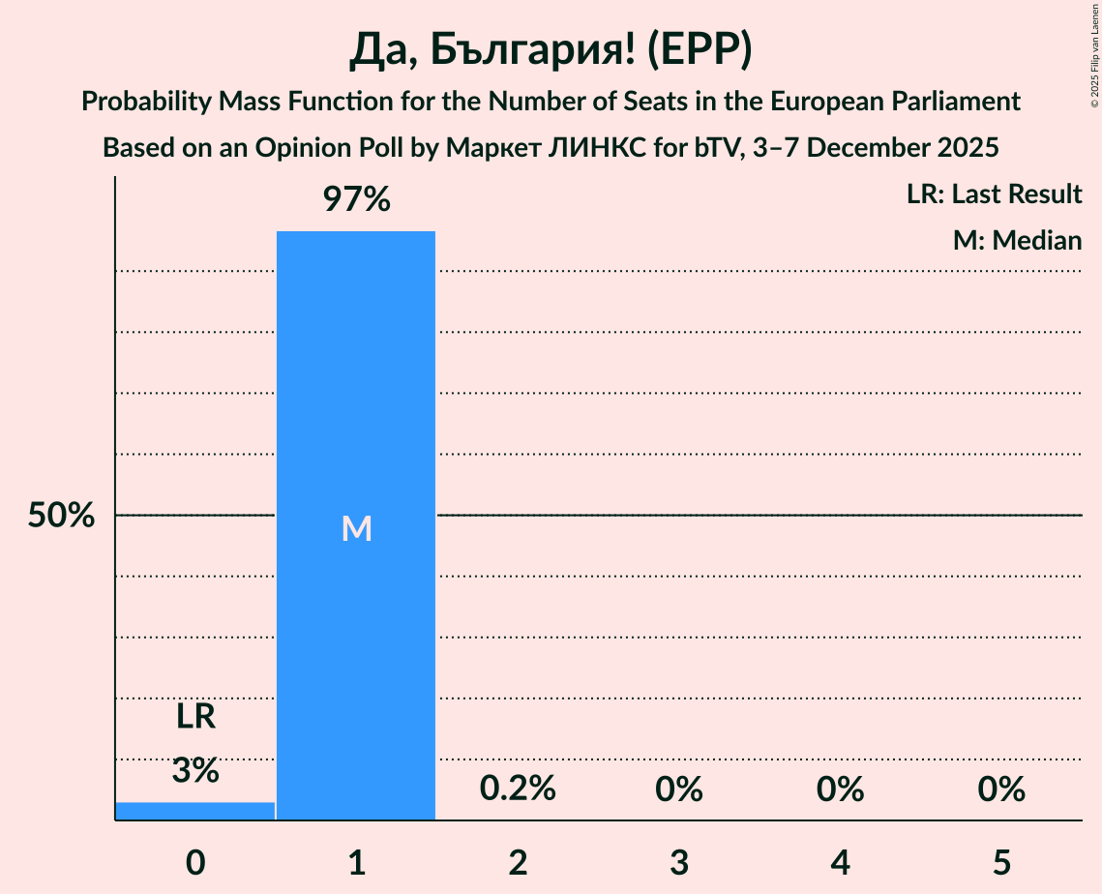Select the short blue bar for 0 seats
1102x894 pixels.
pos(195,811)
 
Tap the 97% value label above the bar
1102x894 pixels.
pos(356,200)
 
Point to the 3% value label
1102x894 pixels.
pos(195,771)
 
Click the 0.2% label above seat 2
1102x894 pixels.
pos(518,790)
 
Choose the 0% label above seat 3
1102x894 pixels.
pos(678,790)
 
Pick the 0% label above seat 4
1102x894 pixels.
pos(840,790)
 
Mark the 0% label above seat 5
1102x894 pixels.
pos(1000,790)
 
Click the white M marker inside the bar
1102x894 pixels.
pos(356,528)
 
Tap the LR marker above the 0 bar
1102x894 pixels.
pos(195,717)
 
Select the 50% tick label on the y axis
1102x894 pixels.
pos(61,516)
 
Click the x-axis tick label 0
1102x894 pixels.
pos(195,862)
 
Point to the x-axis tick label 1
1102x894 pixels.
pos(356,862)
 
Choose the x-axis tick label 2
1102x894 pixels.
pos(518,862)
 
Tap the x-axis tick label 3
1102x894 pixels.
pos(678,862)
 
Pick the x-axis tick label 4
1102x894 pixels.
pos(840,862)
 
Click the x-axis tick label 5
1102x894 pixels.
pos(1000,862)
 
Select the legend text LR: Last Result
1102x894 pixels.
pos(994,194)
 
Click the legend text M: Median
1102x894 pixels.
pos(1017,240)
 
